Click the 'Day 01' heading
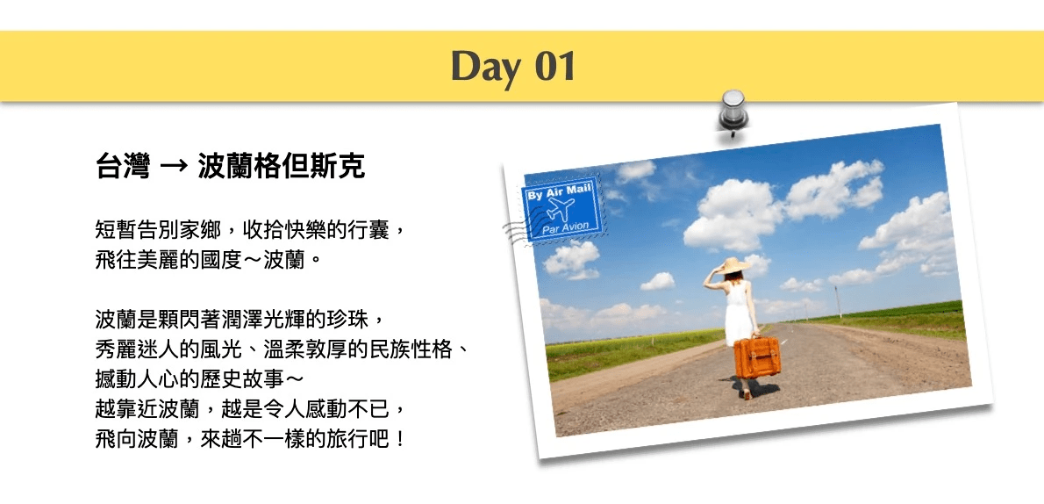pos(512,68)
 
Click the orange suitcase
pos(757,356)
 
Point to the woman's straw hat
pos(732,265)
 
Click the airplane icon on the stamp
pos(560,209)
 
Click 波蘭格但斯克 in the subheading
pos(281,168)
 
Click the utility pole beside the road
pos(838,303)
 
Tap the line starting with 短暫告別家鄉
pos(250,232)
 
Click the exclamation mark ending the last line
pos(399,441)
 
